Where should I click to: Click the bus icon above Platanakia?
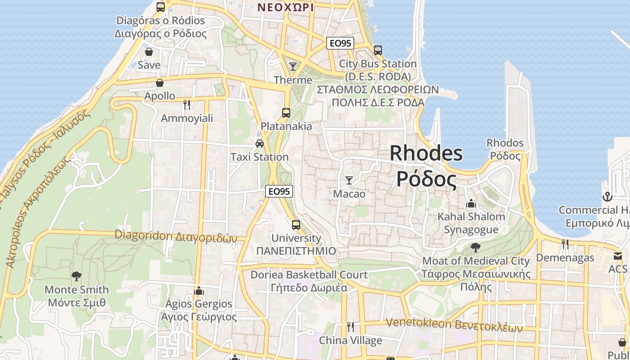[286, 112]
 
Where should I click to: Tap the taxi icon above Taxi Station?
[259, 144]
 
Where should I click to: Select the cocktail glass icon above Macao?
[349, 180]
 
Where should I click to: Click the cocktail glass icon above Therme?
[293, 67]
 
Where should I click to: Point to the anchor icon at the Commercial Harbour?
[607, 197]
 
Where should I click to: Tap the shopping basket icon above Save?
[149, 52]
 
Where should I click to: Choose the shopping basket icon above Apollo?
[159, 83]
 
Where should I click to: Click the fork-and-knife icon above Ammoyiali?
[187, 105]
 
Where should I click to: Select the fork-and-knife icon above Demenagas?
[565, 244]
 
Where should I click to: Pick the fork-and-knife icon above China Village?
[350, 327]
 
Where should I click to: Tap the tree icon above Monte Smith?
[76, 276]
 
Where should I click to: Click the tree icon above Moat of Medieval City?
[475, 247]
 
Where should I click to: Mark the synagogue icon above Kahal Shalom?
[471, 203]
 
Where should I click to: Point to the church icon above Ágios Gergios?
[198, 291]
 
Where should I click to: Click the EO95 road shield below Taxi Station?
[279, 191]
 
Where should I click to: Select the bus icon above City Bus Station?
[378, 50]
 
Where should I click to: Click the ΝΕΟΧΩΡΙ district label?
[285, 7]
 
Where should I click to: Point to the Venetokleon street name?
[454, 324]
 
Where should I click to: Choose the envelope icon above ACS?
[617, 256]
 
